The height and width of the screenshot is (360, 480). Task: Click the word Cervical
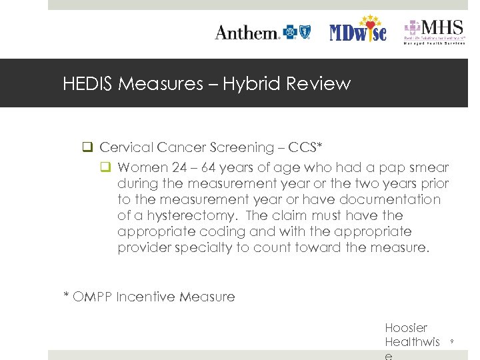click(127, 147)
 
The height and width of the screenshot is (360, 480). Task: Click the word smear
click(429, 167)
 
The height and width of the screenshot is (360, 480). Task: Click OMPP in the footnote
click(92, 297)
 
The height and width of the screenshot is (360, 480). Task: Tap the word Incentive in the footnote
click(143, 297)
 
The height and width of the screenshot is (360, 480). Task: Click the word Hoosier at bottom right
click(406, 327)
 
